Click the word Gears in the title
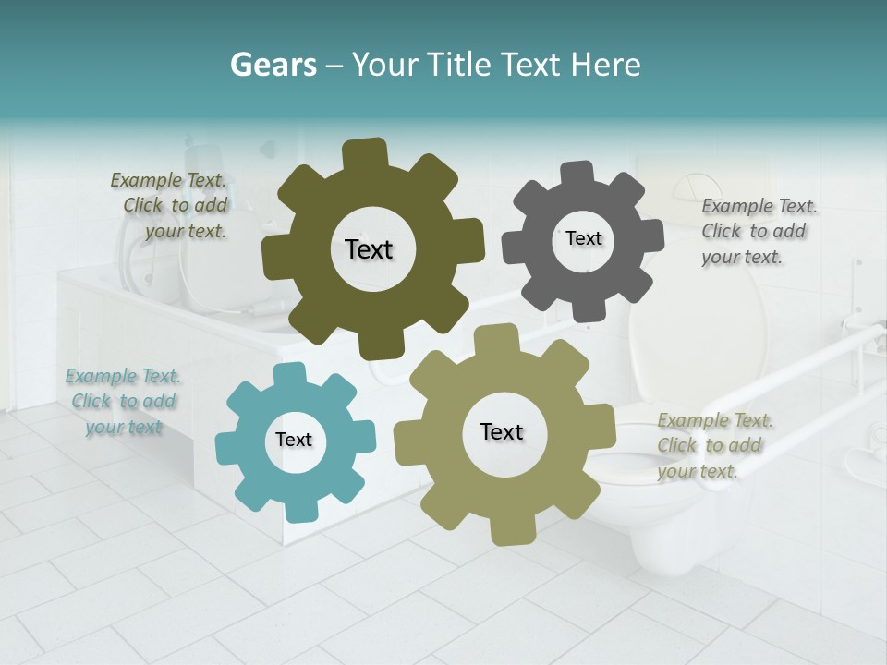tap(273, 65)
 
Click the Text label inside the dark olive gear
tap(369, 249)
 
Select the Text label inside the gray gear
tap(583, 238)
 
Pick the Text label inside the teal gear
tap(294, 440)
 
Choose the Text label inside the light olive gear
tap(502, 431)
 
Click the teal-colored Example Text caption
tap(124, 402)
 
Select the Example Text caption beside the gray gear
tap(758, 231)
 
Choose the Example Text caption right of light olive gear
tap(713, 446)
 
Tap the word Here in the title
tap(606, 65)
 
